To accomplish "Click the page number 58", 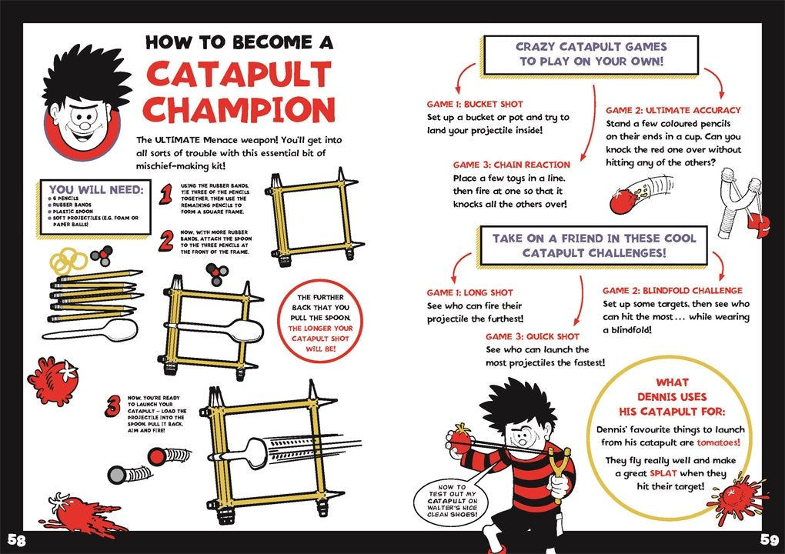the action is tap(16, 540).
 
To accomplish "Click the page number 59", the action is tap(770, 540).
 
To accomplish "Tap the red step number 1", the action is tap(165, 195).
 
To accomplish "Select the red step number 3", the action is tap(112, 405).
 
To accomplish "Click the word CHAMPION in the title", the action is tap(239, 109).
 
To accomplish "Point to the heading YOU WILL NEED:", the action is tap(96, 190).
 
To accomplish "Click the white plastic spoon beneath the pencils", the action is tap(90, 331).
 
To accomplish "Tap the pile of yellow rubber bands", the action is tap(68, 262).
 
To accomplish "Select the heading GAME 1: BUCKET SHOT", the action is tap(475, 104).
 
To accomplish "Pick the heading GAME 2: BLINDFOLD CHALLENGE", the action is tap(673, 290).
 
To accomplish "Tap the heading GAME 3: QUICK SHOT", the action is tap(532, 336).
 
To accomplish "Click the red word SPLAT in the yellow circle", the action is tap(663, 473).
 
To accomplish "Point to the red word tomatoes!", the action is tap(718, 442).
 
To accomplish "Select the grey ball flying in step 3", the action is tap(117, 475).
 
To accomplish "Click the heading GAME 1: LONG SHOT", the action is tap(469, 292).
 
